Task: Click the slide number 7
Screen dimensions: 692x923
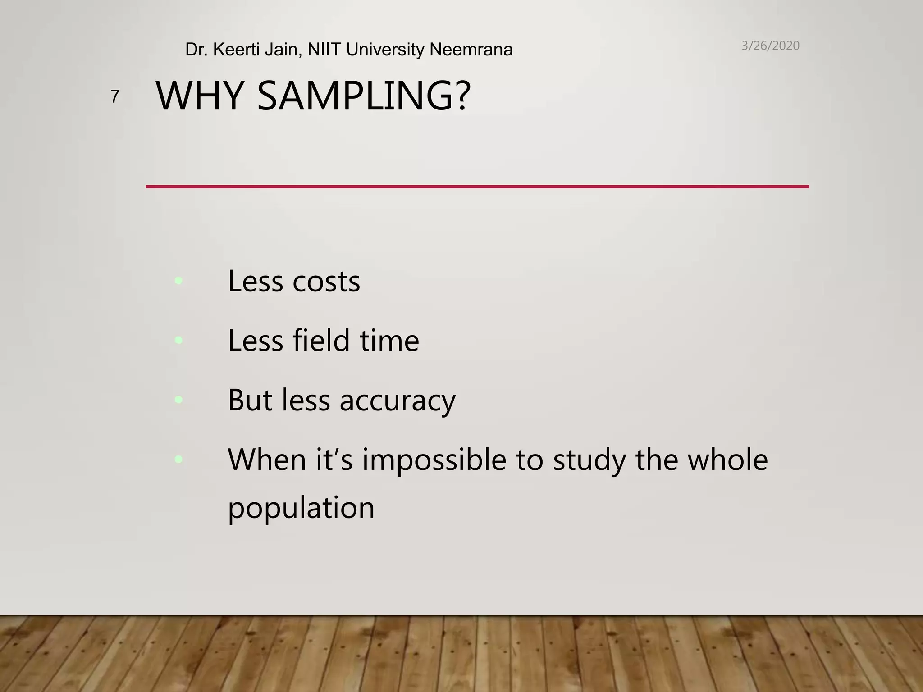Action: tap(115, 96)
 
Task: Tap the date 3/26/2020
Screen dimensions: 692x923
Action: tap(770, 46)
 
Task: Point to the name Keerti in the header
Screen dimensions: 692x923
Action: tap(236, 50)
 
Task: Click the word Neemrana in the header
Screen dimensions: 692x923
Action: tap(471, 50)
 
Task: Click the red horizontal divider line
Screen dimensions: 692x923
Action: tap(477, 186)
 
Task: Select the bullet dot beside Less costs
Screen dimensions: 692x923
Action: tap(178, 281)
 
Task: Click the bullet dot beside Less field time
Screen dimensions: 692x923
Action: tap(178, 340)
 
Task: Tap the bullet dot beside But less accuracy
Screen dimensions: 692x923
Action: tap(178, 399)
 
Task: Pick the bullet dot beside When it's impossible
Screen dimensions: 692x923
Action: tap(178, 459)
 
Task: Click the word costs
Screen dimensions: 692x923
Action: tap(326, 282)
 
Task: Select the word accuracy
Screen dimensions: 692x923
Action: tap(398, 401)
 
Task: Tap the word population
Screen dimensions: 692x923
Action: tap(301, 508)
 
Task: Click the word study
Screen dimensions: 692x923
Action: tap(589, 460)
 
